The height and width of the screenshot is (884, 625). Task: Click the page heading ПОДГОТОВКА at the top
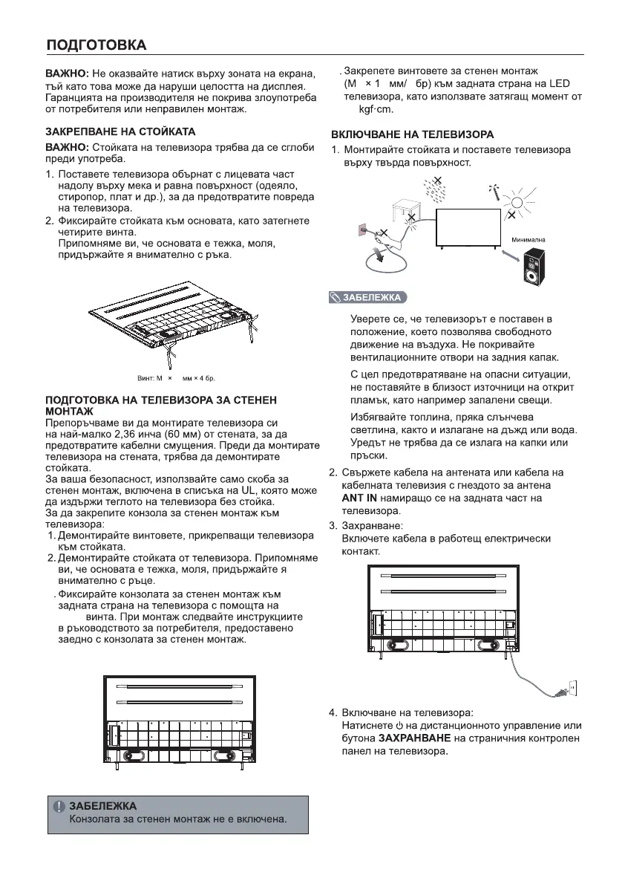(96, 45)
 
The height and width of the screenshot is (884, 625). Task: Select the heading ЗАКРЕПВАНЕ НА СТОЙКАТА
(121, 131)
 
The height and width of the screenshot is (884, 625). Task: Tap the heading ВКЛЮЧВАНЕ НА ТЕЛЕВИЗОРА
(412, 134)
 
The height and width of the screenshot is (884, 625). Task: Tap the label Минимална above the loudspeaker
(529, 240)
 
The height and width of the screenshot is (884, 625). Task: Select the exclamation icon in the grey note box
(59, 806)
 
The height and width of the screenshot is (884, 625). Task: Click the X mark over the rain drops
(438, 181)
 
